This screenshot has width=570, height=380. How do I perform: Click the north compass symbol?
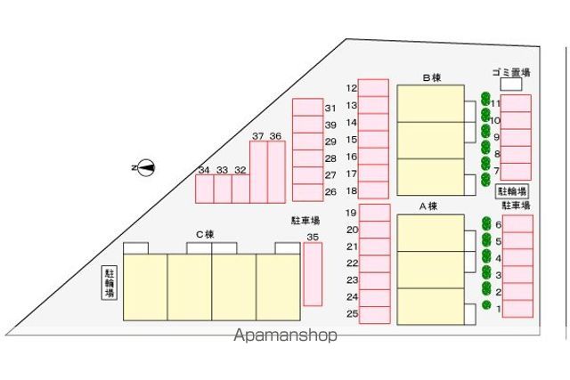click(146, 168)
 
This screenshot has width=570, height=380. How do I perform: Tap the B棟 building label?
click(431, 77)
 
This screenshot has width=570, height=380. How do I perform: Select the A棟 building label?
click(428, 206)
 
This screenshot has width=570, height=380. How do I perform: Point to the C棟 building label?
click(205, 235)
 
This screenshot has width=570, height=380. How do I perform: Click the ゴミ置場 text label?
click(511, 72)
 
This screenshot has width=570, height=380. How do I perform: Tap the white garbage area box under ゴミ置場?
click(511, 84)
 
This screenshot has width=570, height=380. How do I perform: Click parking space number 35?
click(313, 274)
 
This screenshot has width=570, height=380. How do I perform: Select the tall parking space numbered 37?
click(258, 172)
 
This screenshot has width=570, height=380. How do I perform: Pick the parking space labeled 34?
click(204, 189)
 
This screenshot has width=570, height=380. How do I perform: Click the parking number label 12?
click(352, 88)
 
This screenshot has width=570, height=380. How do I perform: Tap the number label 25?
click(353, 313)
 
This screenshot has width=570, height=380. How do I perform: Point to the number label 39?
click(330, 125)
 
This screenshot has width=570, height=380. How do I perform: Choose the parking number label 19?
click(351, 213)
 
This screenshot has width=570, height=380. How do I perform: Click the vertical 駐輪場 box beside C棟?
click(109, 283)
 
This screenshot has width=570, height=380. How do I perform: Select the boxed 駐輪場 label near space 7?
click(512, 191)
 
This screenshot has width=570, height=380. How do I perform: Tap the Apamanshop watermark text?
click(285, 336)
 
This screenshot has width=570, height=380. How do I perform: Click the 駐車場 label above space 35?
click(305, 220)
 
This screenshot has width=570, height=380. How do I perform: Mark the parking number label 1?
click(499, 309)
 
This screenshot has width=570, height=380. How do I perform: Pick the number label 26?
click(330, 192)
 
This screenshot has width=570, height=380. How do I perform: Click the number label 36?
click(275, 136)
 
